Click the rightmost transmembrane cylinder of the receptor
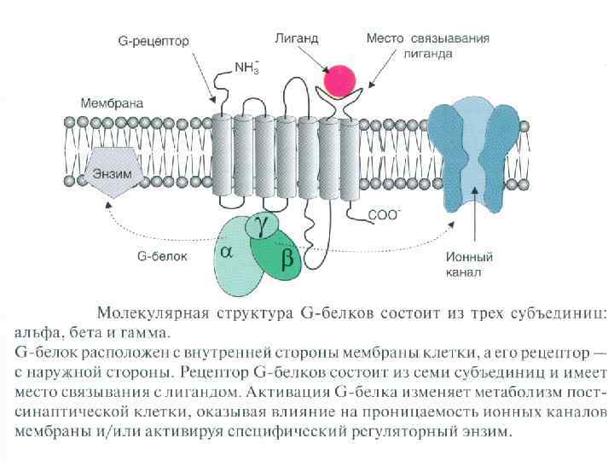(349, 150)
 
